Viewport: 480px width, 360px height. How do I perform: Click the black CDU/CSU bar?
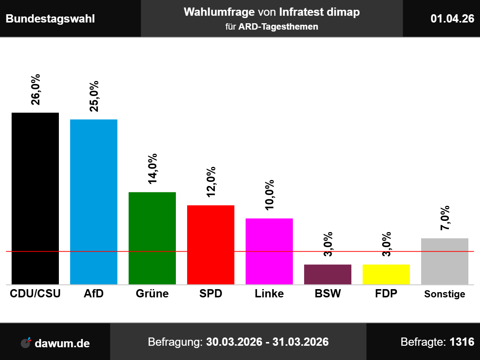coord(35,198)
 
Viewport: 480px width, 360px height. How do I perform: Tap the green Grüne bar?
coord(152,238)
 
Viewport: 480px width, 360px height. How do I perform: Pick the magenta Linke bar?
coord(269,251)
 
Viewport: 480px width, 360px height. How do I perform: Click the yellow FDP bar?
coord(386,274)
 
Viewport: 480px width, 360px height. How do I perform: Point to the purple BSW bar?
coord(328,274)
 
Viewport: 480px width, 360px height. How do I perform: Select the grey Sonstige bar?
coord(445,261)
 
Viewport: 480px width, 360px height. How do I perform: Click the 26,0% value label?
coord(36,90)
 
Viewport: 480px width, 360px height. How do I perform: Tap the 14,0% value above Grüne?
coord(153,169)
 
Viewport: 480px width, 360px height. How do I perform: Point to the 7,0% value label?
coord(445,218)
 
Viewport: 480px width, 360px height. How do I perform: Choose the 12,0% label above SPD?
coord(211,182)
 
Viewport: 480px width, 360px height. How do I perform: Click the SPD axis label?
coord(211,293)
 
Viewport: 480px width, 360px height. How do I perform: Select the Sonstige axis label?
coord(445,294)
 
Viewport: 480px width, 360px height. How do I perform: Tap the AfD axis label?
coord(94,293)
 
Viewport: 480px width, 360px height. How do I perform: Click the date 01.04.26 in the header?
coord(452,18)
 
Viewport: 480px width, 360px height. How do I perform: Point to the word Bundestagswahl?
coord(50,19)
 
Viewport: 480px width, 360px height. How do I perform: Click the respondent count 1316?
coord(462,342)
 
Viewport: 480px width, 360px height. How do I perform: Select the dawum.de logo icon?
coord(26,342)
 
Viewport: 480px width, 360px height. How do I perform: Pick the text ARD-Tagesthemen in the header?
coord(278,27)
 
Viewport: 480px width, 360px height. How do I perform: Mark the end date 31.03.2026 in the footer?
coord(300,342)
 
